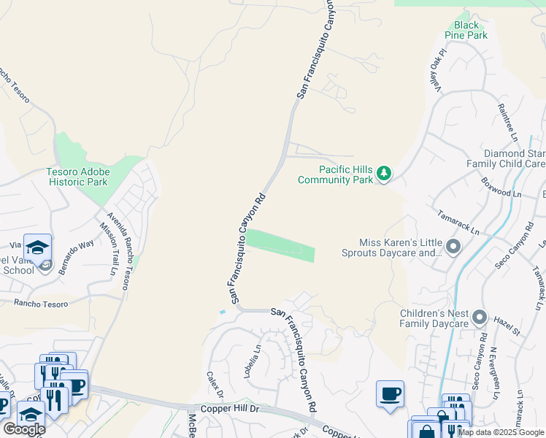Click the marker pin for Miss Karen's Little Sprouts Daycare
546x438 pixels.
(453, 247)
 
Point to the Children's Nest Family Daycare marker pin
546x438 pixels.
(480, 318)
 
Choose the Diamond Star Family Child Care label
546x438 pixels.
(515, 158)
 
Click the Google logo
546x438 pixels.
(24, 429)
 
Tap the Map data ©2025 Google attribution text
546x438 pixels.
(500, 432)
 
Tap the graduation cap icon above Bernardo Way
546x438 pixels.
(37, 246)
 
